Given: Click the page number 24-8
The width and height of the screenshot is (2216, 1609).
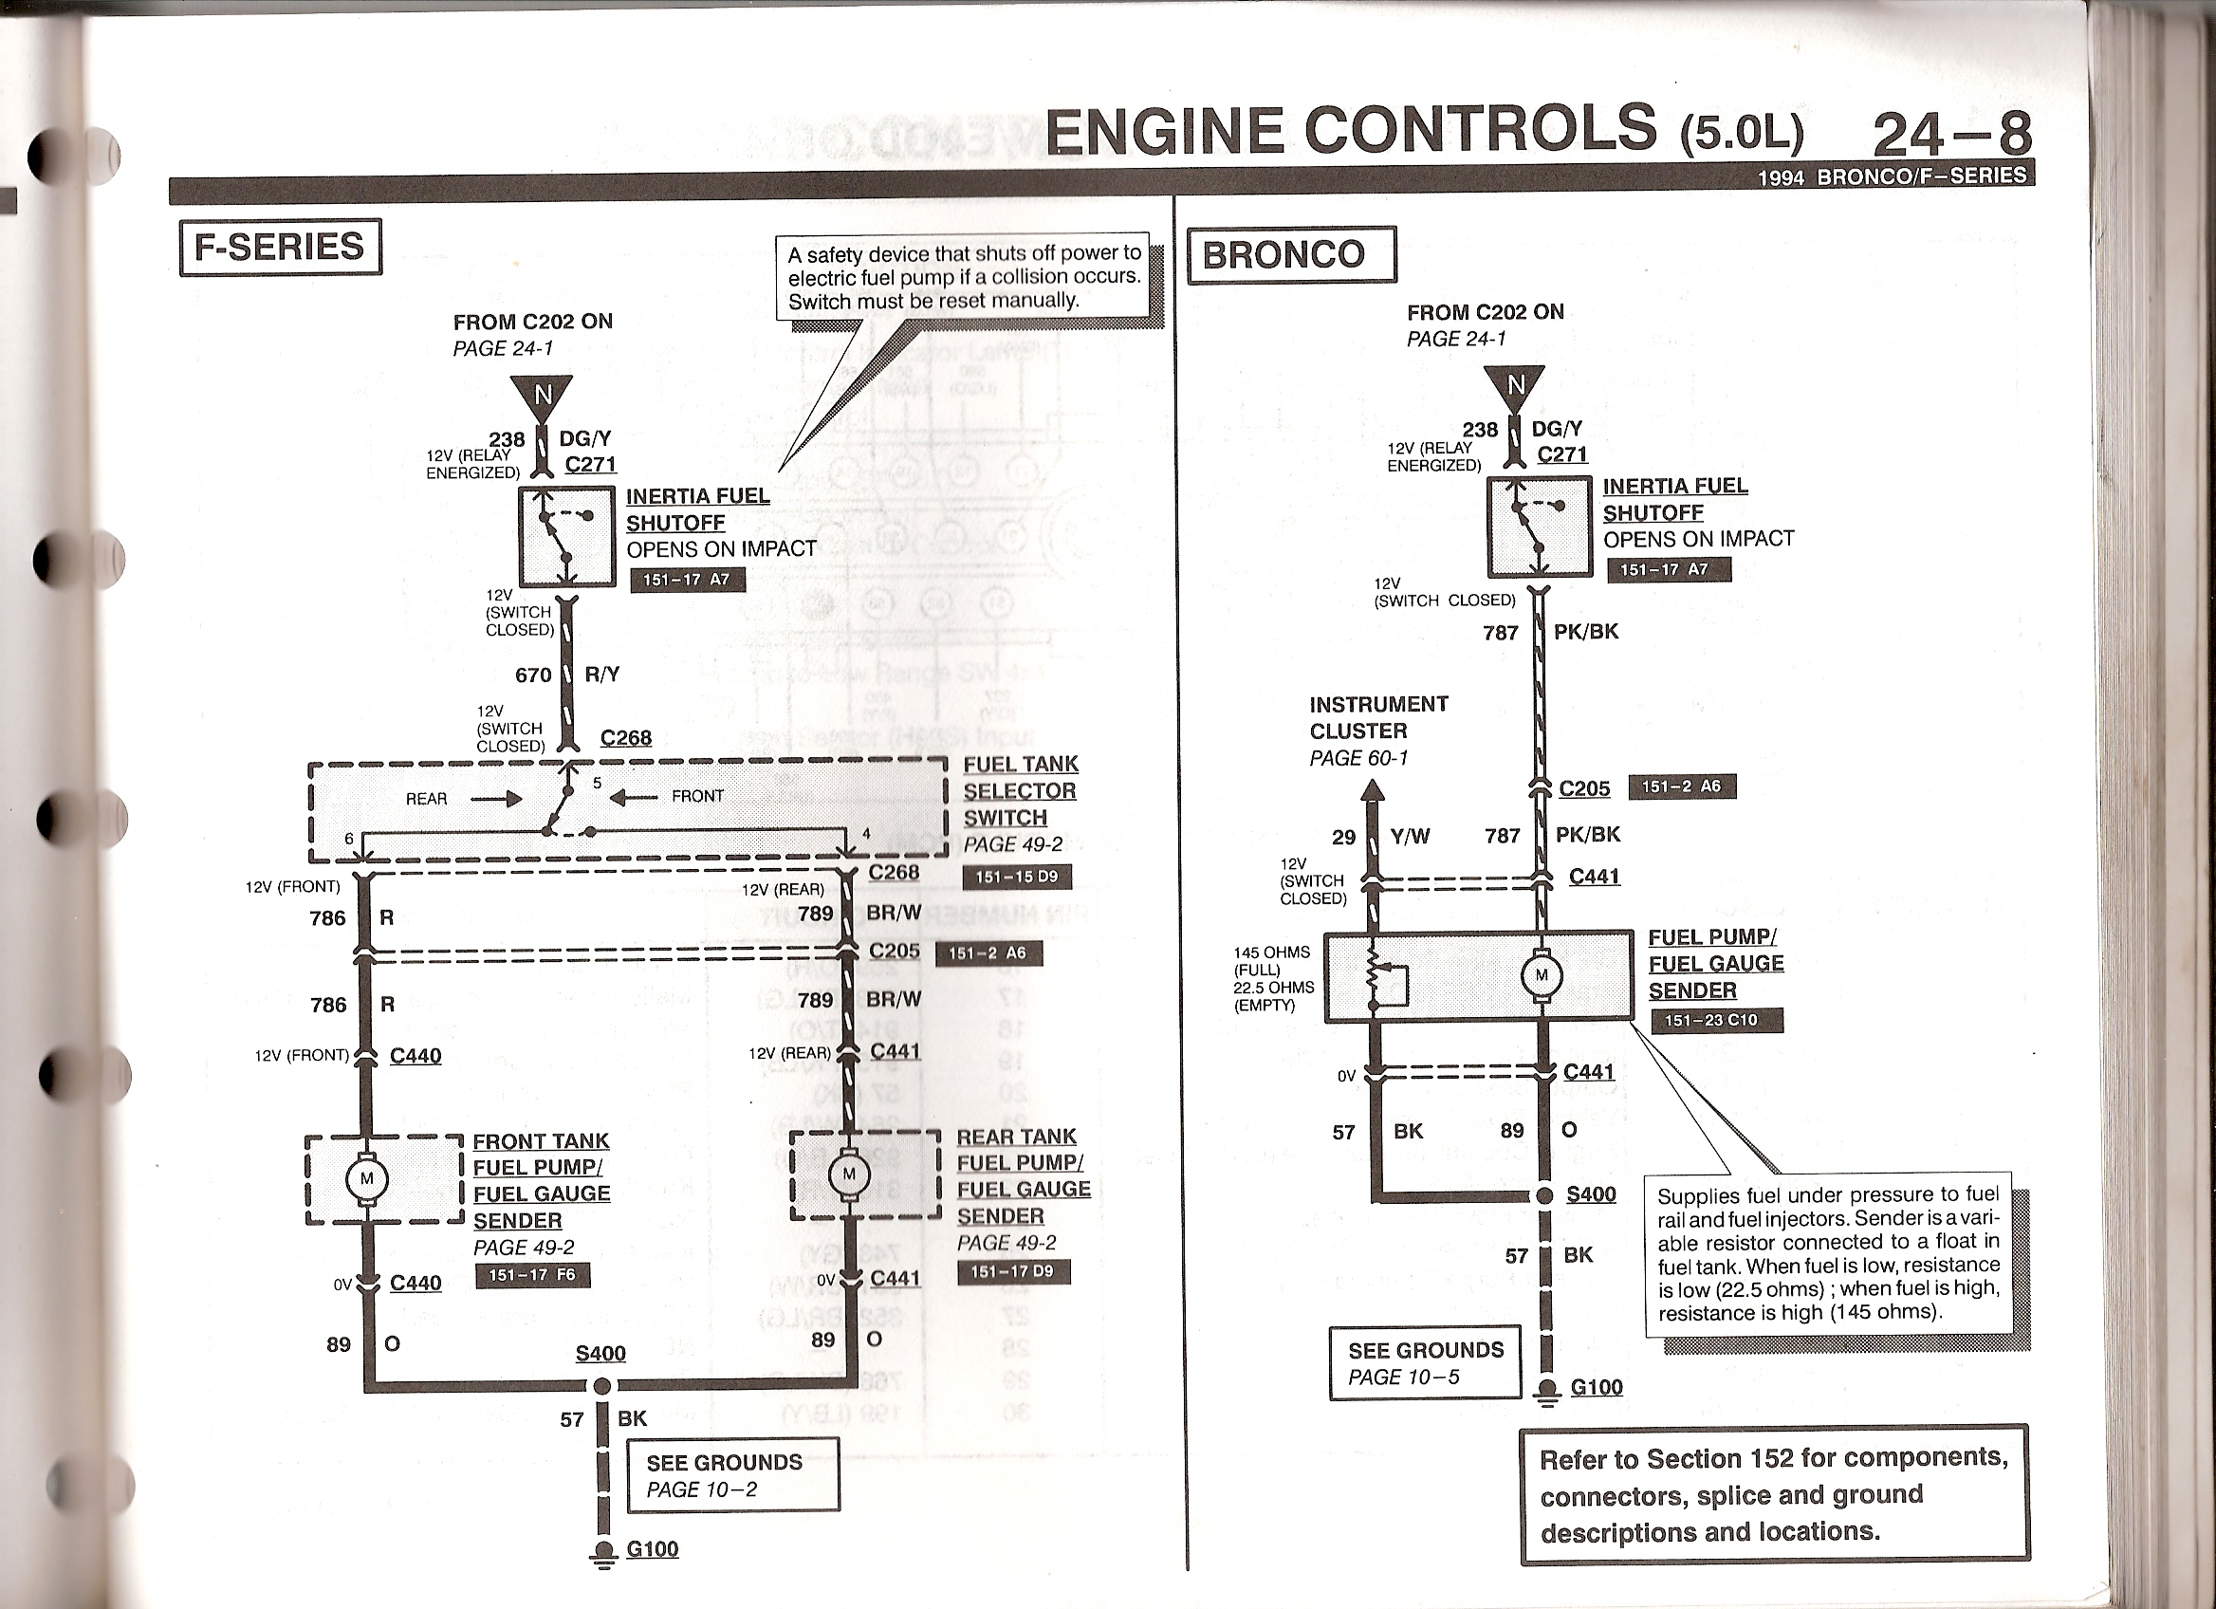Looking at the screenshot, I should point(1951,134).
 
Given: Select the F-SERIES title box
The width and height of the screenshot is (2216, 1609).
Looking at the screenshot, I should point(281,248).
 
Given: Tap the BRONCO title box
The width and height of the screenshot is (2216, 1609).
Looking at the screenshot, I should point(1291,255).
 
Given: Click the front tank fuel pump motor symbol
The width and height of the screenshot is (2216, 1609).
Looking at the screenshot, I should point(367,1179).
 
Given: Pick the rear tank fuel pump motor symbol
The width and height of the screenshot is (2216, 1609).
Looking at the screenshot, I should point(848,1174).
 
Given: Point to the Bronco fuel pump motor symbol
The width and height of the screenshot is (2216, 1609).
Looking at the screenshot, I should point(1542,975).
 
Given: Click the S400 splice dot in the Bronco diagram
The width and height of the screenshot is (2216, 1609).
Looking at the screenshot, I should point(1544,1195).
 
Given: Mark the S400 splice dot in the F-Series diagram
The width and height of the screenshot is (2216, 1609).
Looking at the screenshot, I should point(602,1386).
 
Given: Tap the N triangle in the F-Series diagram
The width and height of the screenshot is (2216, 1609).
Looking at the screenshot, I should point(543,395).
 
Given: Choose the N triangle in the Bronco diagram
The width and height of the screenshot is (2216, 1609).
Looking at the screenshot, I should point(1514,385).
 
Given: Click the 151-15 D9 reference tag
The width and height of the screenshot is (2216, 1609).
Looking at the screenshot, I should point(1016,877).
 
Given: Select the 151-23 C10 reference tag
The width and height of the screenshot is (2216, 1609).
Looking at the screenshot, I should point(1717,1020).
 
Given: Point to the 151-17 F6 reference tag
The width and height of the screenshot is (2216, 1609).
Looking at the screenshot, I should point(532,1275).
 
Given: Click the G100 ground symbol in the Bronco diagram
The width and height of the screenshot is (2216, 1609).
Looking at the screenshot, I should point(1545,1391).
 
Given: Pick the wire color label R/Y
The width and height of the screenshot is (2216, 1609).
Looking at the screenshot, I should point(601,675).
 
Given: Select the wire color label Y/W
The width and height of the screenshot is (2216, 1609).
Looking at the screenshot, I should point(1410,836).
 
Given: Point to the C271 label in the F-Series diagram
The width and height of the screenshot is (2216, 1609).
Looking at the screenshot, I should point(590,465).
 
